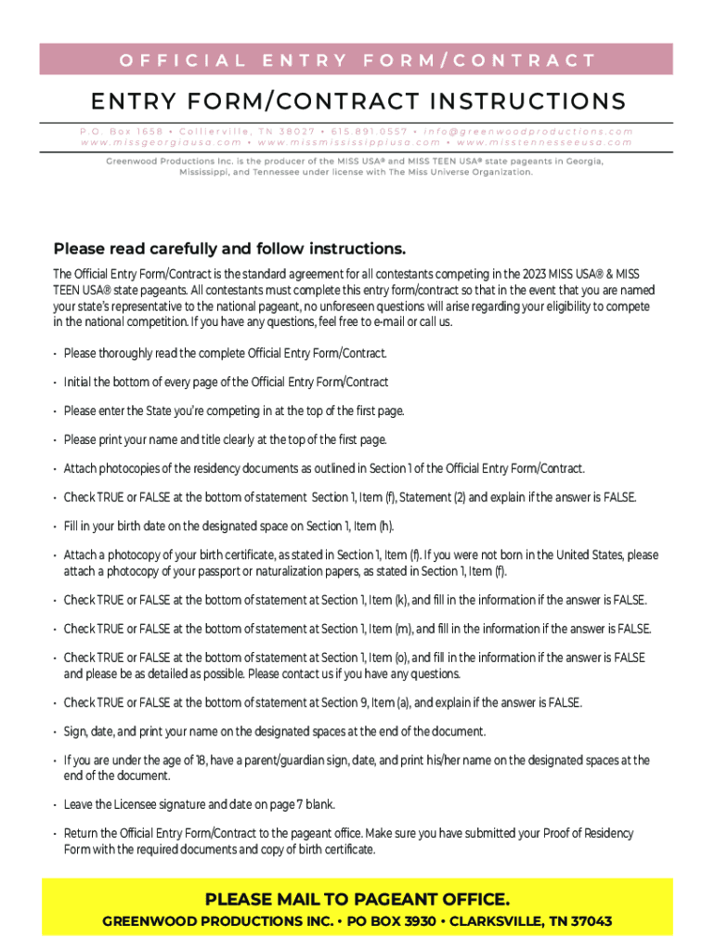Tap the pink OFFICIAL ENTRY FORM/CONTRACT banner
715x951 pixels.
click(357, 61)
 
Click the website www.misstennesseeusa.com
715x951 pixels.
click(545, 143)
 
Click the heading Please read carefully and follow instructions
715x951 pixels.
click(229, 249)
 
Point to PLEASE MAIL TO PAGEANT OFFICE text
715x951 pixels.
click(357, 900)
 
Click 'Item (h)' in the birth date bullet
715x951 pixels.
click(370, 527)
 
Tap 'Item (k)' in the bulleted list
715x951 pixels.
click(387, 600)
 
